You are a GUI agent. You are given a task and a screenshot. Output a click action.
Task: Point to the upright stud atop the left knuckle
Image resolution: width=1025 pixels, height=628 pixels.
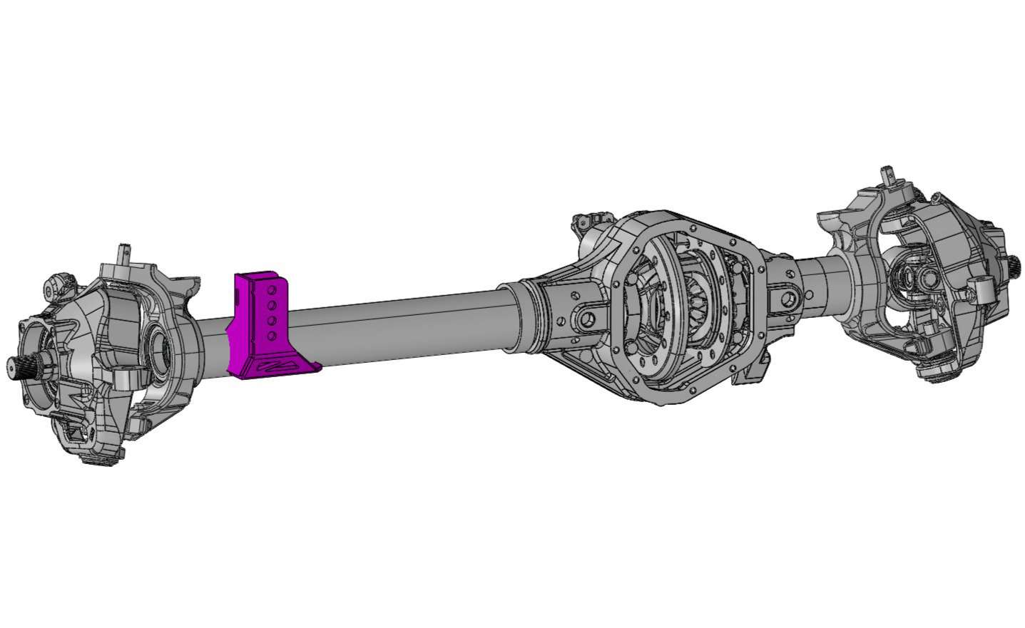point(123,253)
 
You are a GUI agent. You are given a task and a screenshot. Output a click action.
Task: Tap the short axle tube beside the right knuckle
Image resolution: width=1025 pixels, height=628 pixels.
point(820,274)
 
